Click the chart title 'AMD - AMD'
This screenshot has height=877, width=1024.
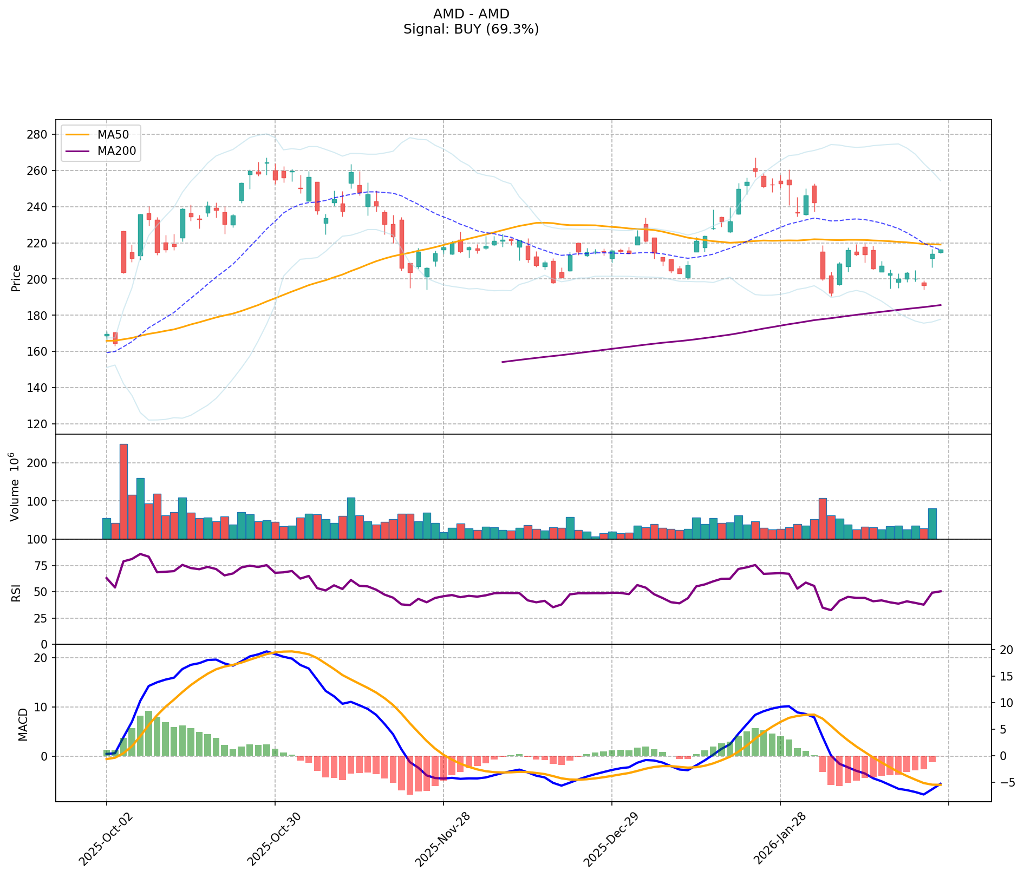tap(471, 14)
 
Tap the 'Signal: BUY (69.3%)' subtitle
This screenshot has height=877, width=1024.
tap(471, 29)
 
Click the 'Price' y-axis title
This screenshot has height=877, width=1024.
tap(16, 278)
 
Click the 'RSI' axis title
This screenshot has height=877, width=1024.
tap(16, 592)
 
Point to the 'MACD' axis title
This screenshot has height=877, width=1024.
tap(23, 724)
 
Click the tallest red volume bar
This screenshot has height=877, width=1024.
tap(123, 491)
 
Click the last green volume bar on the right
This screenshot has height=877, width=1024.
tap(932, 523)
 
